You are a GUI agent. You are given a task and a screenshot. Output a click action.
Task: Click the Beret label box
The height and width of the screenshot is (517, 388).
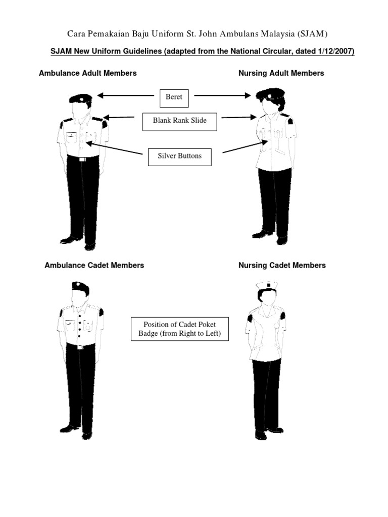(174, 97)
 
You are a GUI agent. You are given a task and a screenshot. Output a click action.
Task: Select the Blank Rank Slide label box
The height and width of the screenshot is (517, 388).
(179, 121)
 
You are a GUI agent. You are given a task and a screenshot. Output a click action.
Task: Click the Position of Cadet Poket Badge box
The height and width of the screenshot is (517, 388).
(179, 329)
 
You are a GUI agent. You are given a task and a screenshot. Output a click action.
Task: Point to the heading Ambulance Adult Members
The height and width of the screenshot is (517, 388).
(88, 73)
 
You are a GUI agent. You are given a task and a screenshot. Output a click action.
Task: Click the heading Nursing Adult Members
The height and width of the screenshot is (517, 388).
(281, 73)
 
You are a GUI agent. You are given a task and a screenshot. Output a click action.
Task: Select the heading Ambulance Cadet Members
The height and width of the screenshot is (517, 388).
(94, 265)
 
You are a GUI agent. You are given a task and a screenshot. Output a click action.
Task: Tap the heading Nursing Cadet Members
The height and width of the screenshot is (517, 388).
(282, 265)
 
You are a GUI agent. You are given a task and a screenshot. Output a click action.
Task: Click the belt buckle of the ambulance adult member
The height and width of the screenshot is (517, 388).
(81, 159)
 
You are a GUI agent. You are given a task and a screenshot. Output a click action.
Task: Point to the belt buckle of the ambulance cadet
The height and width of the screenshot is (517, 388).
(80, 347)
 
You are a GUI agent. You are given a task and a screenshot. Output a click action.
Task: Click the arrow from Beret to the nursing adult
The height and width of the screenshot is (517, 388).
(222, 95)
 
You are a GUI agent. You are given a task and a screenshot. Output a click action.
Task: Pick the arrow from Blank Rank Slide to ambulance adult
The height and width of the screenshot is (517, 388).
(119, 118)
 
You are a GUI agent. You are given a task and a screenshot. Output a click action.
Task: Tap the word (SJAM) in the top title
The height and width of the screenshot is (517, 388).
(313, 34)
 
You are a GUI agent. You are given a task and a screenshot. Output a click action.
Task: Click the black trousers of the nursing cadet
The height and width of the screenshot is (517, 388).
(266, 394)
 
